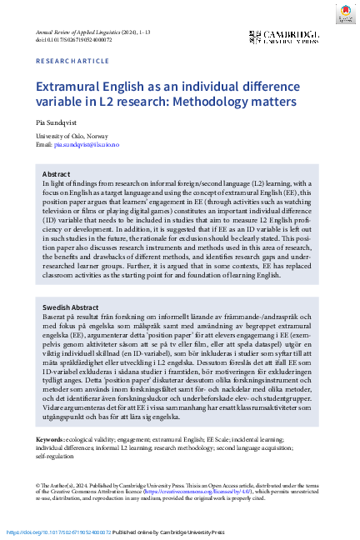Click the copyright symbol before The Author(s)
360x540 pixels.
click(x=38, y=484)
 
